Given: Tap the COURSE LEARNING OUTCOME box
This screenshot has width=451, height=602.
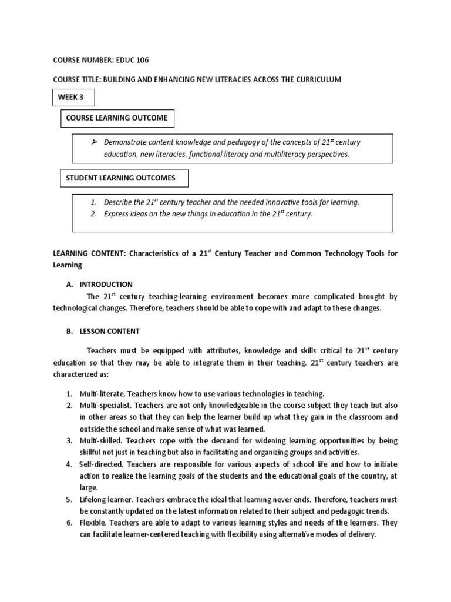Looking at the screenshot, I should click(117, 118).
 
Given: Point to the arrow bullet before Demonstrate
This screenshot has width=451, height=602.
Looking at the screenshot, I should click(93, 142).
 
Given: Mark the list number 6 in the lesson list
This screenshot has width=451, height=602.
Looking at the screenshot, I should click(69, 523).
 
